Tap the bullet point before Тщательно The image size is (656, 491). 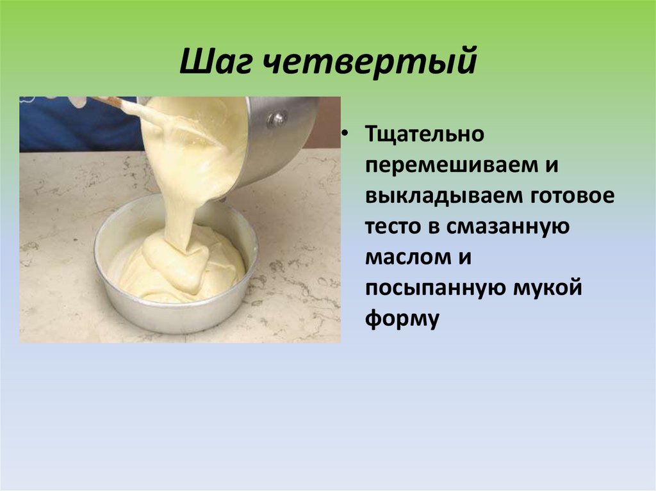click(x=344, y=133)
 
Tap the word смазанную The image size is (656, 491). click(x=507, y=227)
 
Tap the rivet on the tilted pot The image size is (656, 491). click(x=277, y=118)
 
